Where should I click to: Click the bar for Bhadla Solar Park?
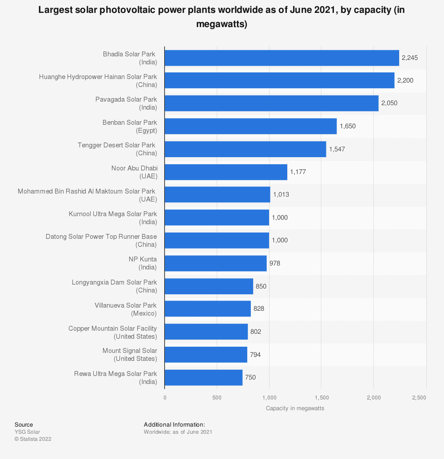(281, 58)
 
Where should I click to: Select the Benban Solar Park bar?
(250, 126)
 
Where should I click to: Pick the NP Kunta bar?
(215, 263)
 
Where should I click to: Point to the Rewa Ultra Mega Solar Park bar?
(203, 377)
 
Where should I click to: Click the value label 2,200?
(405, 80)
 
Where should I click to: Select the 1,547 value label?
(337, 149)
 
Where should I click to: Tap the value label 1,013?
(281, 194)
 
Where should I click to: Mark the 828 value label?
(259, 309)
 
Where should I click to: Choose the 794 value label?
(255, 354)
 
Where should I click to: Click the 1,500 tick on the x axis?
(321, 398)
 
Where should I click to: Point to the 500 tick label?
(217, 398)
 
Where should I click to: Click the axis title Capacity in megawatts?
(295, 408)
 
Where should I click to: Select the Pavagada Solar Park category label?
(126, 103)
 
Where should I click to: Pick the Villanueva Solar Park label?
(126, 309)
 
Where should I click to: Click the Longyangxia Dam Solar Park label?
(114, 286)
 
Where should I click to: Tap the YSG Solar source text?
(27, 432)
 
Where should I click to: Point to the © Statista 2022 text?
(33, 439)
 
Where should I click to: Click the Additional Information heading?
(174, 425)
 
